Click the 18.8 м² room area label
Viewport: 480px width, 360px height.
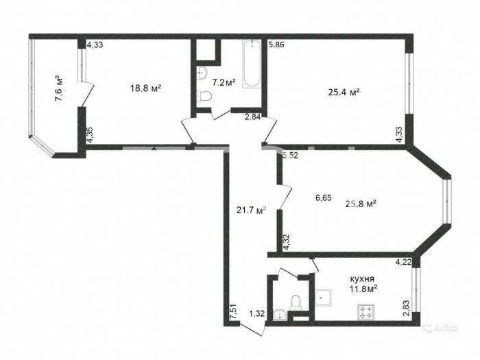145,88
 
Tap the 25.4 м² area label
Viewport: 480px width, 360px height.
344,92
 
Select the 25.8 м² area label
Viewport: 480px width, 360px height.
361,204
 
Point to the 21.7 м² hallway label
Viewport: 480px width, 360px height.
252,210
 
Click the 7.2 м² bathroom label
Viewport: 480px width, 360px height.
224,82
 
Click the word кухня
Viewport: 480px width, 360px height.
362,279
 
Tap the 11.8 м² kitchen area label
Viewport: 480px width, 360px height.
363,289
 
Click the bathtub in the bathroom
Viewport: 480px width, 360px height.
252,64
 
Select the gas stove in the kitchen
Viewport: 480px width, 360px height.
365,312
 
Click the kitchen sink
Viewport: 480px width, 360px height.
323,297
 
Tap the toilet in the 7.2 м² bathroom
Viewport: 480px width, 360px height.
205,96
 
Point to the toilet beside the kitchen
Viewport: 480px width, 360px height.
296,302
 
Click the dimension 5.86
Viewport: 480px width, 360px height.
276,45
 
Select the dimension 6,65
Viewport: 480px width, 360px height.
324,197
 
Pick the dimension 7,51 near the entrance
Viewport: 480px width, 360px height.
235,311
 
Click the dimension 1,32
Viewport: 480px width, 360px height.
256,313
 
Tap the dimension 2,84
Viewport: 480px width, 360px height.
252,117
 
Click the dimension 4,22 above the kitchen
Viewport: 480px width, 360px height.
403,262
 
